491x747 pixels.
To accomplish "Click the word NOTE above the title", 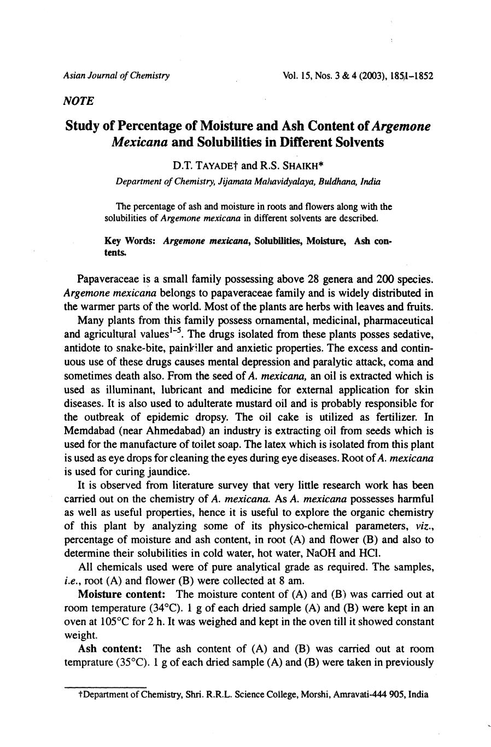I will (x=79, y=101).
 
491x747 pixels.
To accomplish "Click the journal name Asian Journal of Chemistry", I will (x=116, y=75).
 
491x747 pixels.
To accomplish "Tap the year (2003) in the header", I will (x=369, y=75).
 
